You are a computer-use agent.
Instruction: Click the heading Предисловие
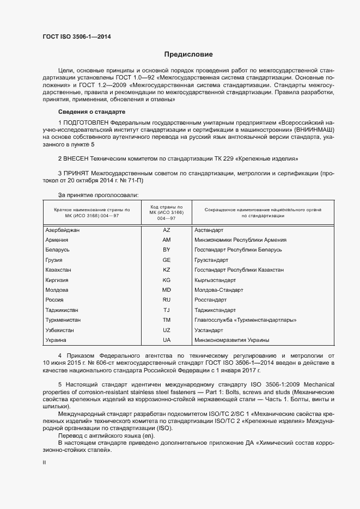coord(189,54)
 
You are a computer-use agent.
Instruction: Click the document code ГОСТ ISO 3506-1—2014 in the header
coord(79,36)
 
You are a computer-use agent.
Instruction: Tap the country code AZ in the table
coord(166,230)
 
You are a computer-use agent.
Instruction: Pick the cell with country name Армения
coord(57,240)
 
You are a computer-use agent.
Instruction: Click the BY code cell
coord(166,250)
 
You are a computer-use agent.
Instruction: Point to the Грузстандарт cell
coord(212,260)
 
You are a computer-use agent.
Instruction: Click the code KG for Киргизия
coord(166,280)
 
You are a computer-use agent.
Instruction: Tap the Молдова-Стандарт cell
coord(218,290)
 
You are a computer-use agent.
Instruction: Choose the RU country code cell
coord(166,300)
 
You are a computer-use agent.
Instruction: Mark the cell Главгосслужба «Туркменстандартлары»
coord(245,320)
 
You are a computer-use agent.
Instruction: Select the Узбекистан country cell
coord(60,330)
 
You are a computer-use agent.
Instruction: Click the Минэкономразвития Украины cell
coord(231,340)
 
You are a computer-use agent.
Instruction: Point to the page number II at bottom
coord(45,463)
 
